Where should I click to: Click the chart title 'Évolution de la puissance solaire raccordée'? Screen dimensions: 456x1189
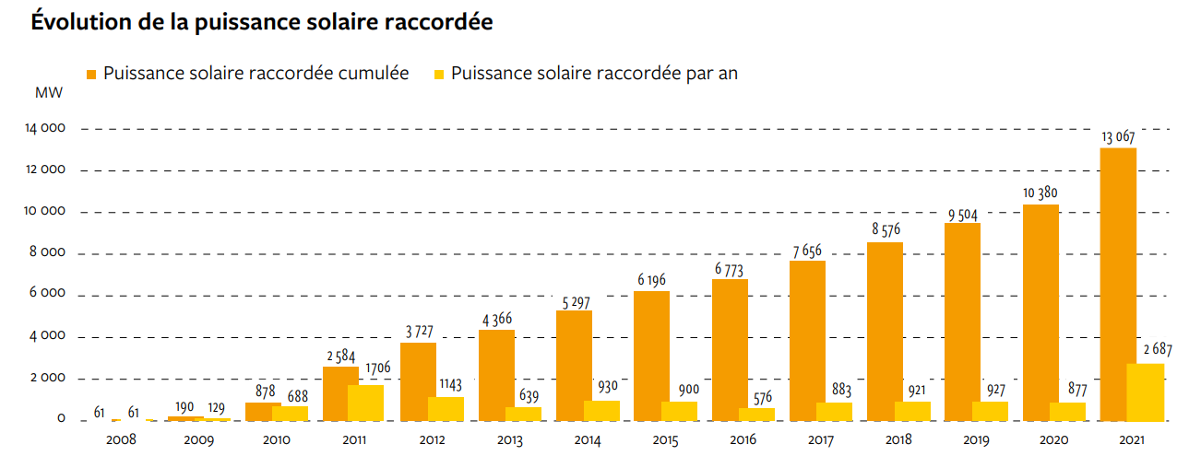(x=262, y=23)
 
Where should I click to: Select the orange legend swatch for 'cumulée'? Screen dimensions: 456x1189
(x=91, y=74)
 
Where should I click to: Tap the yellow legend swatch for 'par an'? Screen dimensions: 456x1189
(x=438, y=74)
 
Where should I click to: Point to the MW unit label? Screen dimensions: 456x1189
(x=48, y=93)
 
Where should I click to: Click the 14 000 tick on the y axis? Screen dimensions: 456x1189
(x=45, y=128)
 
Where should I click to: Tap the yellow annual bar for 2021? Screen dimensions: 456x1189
(x=1146, y=392)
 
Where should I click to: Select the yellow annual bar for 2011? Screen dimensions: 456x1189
(x=365, y=403)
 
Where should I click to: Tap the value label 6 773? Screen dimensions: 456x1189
(x=730, y=269)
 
